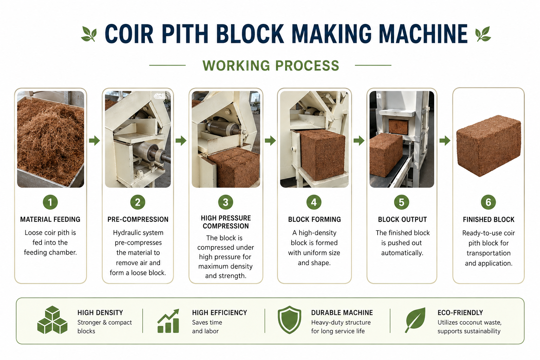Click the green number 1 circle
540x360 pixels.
[x=50, y=202]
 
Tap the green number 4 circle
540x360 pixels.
[x=314, y=202]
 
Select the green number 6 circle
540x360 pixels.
[x=488, y=202]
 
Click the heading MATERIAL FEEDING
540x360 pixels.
[x=50, y=219]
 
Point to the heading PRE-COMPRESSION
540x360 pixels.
[x=138, y=219]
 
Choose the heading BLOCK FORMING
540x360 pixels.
[x=314, y=219]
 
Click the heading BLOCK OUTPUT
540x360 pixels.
[x=402, y=219]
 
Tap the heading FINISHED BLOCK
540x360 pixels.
[x=488, y=219]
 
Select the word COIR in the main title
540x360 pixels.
[x=129, y=34]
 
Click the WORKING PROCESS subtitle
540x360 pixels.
[x=271, y=65]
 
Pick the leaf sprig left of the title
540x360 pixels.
[x=89, y=34]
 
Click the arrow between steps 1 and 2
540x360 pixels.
[x=94, y=140]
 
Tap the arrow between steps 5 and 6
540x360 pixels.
[x=445, y=140]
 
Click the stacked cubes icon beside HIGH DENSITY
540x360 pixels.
[x=52, y=320]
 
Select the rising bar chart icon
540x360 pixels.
[x=168, y=321]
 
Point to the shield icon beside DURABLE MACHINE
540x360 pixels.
[x=289, y=320]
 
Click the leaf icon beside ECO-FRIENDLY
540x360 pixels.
[x=415, y=320]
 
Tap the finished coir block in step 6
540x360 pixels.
[x=489, y=146]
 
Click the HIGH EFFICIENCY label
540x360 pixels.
[x=219, y=313]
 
